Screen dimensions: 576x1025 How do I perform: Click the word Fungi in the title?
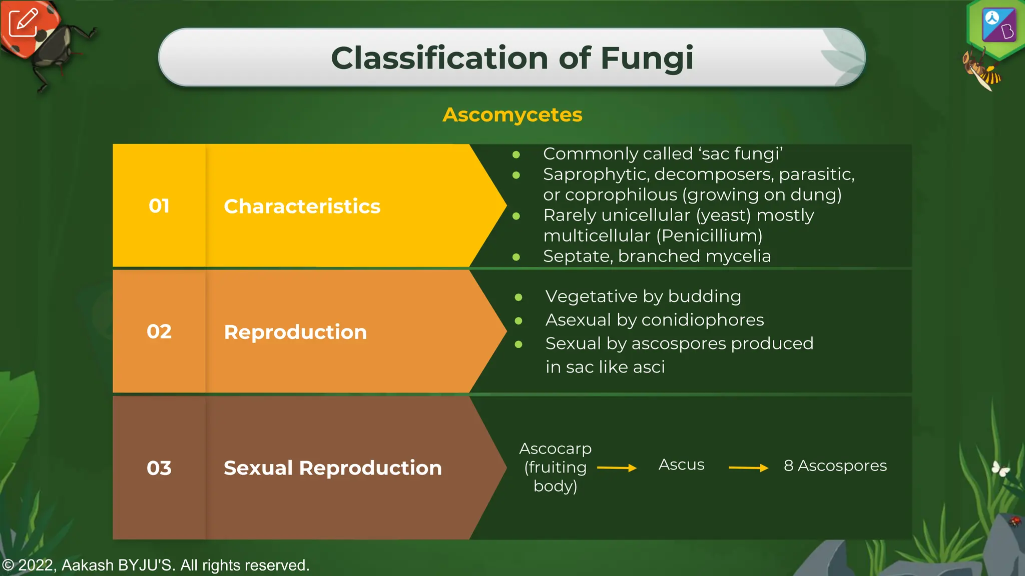[647, 58]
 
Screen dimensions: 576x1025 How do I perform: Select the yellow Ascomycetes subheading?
[512, 115]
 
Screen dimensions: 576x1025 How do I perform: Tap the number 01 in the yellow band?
[159, 206]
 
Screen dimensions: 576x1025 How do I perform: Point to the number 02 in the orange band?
[159, 331]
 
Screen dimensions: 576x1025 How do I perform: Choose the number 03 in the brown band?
[159, 468]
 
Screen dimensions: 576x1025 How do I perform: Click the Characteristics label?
[302, 206]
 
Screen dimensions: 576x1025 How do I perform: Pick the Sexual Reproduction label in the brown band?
[333, 468]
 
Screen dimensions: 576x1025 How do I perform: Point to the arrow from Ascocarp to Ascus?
[617, 468]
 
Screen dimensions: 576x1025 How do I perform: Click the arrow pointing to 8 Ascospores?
[748, 468]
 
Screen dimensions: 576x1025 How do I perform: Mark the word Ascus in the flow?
[681, 465]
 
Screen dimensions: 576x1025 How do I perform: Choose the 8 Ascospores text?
[835, 465]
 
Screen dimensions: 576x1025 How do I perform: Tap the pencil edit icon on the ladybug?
[23, 22]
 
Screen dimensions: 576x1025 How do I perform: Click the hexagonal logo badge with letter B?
[997, 25]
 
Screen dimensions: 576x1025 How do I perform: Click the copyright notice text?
[156, 565]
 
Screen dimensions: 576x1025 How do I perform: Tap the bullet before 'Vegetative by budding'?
[519, 297]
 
